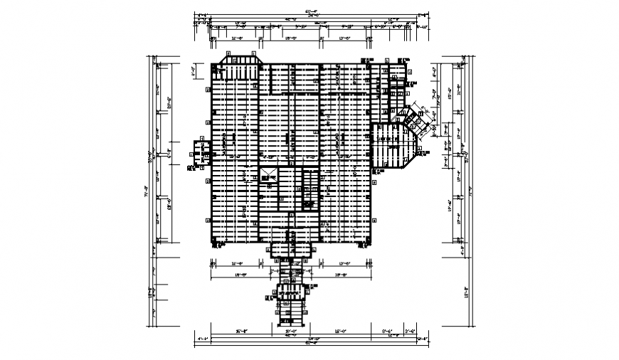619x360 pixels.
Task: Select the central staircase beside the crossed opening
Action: click(310, 189)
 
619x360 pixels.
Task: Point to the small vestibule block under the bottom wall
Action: click(290, 249)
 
